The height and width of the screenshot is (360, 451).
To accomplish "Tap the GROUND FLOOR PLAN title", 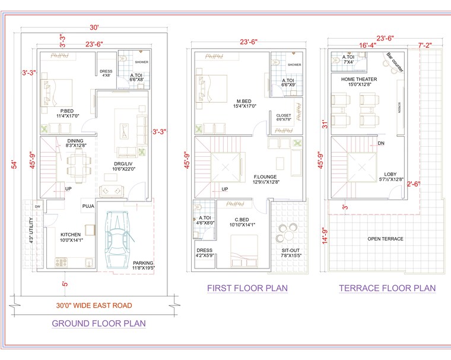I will tap(99, 323).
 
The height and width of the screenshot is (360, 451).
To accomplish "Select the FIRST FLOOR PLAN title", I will tap(247, 288).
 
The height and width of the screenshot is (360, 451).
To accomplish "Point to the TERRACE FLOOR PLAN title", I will tap(387, 288).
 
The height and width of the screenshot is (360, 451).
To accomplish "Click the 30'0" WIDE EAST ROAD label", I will tap(94, 305).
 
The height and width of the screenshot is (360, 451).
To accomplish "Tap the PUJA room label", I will tap(88, 206).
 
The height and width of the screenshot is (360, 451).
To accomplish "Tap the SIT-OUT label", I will tap(291, 250).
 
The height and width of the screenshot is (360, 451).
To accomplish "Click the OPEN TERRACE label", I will tap(385, 239).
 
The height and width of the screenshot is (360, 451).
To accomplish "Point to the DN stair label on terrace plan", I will tap(381, 143).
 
